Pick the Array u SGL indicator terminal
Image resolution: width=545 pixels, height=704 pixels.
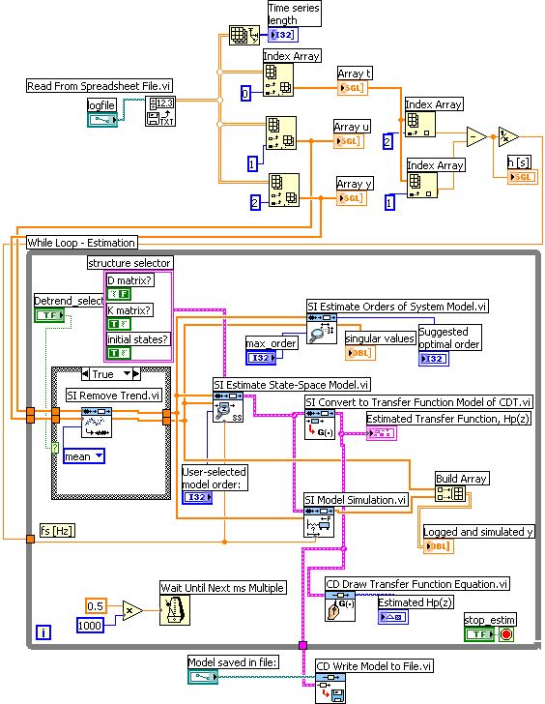tap(348, 141)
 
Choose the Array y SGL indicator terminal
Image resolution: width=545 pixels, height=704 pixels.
tap(350, 198)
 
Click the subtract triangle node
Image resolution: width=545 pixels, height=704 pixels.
tap(475, 137)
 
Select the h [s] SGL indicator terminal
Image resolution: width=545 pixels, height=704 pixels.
tap(521, 176)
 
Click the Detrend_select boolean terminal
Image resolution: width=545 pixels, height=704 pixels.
tap(48, 315)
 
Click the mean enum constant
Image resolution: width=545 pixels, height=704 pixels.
tap(84, 456)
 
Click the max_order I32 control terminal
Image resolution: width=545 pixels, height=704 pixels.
tap(260, 358)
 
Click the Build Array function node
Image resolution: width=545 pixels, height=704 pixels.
tap(450, 494)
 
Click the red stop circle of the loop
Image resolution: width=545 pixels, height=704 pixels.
tap(505, 633)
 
